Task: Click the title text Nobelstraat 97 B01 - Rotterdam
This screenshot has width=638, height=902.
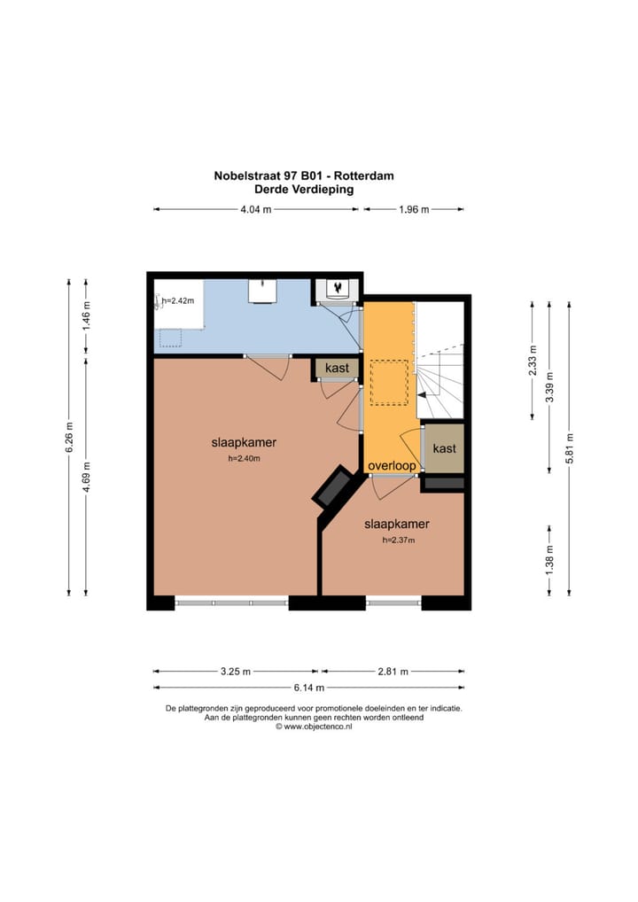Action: point(304,175)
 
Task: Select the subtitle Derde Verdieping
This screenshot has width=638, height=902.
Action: point(304,189)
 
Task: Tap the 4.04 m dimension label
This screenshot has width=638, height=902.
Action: point(256,210)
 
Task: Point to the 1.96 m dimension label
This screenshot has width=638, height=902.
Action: point(411,210)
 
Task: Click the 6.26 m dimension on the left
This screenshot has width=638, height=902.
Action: point(69,437)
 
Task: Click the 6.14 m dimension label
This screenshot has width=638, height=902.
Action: point(308,688)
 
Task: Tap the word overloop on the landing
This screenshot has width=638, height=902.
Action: point(392,465)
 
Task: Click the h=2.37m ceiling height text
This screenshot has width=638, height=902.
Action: point(399,540)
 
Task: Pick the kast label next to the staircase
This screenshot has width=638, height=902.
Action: point(444,448)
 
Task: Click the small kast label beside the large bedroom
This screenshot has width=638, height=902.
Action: point(337,368)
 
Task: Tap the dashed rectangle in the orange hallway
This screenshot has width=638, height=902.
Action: point(389,382)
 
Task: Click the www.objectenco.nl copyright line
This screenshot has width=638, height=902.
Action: point(314,727)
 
